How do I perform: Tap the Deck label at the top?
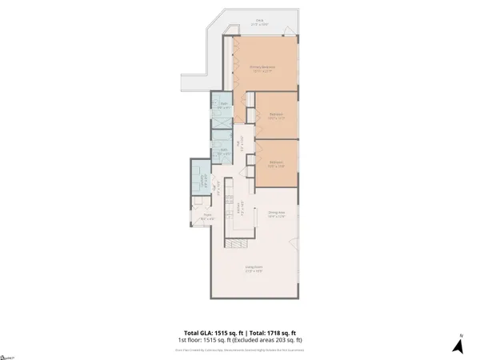pyautogui.click(x=259, y=23)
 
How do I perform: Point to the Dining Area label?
pyautogui.click(x=277, y=214)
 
